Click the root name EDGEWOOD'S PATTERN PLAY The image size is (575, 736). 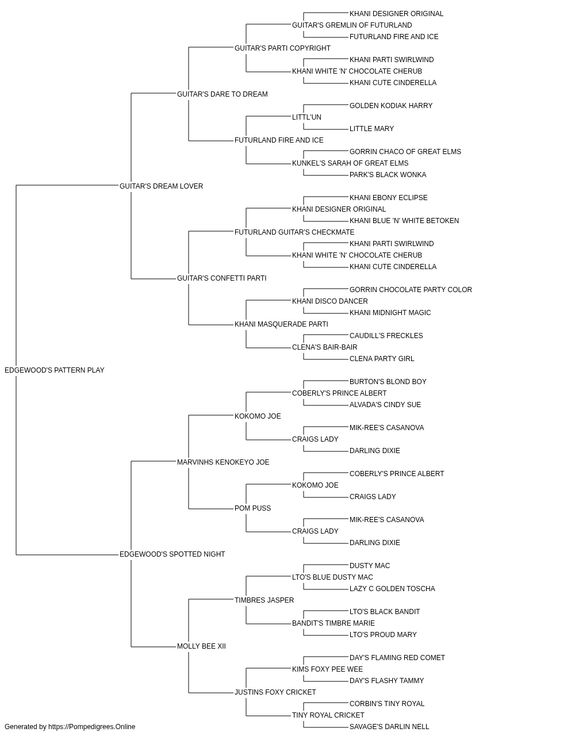pos(55,370)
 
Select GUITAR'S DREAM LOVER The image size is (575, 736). pos(161,186)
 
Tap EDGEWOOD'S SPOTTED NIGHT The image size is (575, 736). pos(172,554)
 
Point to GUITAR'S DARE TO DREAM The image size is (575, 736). pos(223,94)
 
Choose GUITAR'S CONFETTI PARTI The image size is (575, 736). pos(222,278)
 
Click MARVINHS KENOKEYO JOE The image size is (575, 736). pos(223,462)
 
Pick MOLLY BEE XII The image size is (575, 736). pos(201,646)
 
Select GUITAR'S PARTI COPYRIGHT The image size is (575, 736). pos(283,48)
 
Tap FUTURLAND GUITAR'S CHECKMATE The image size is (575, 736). pos(294,232)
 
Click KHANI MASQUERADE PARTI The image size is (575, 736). pos(281,324)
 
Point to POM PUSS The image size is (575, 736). pos(252,508)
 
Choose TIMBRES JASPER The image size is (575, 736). pos(264,600)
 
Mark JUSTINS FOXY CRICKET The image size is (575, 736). pos(275,692)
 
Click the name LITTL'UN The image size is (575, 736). pos(307,117)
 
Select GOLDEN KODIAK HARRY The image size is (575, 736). pos(391,106)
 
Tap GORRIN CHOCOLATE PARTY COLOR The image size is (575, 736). pos(411,290)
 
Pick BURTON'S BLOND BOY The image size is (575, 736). pos(388,382)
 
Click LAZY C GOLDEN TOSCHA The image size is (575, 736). pos(393,589)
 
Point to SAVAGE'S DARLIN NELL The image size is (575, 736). pos(389,727)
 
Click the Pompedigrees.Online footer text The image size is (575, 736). pos(70,727)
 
